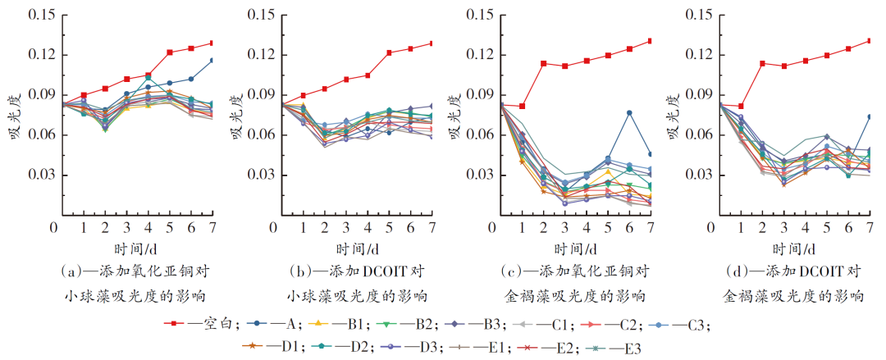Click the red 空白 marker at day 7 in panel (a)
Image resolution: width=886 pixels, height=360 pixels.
[x=212, y=43]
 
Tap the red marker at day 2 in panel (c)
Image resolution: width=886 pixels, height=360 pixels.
[x=544, y=63]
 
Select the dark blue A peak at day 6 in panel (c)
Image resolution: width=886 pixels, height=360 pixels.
[x=629, y=112]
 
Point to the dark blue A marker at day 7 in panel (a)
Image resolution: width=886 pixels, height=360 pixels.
[x=212, y=60]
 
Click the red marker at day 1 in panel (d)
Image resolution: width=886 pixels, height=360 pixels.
[x=742, y=107]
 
